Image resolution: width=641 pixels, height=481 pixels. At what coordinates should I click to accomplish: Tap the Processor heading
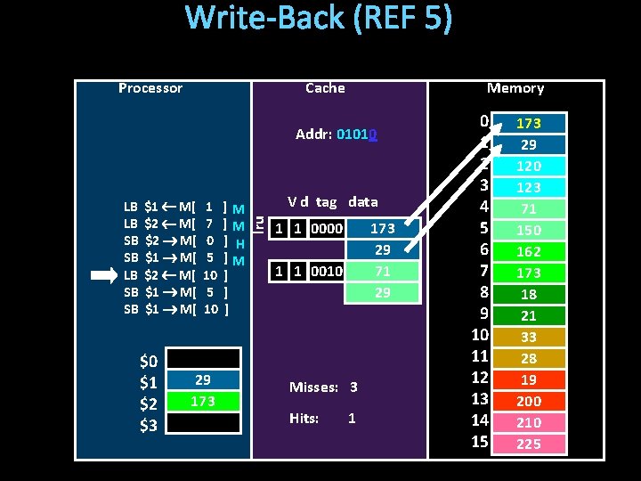click(x=150, y=88)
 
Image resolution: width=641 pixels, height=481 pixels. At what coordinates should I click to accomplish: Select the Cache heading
click(x=325, y=88)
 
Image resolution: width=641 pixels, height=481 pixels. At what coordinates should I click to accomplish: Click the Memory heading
click(x=515, y=88)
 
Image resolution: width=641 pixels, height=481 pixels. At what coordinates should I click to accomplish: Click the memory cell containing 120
click(x=529, y=166)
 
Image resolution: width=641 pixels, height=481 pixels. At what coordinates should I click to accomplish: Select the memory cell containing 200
click(x=529, y=401)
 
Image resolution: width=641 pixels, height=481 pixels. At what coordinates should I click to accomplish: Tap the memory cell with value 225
click(x=529, y=444)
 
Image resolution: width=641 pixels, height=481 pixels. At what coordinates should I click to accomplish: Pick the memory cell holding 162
click(x=529, y=251)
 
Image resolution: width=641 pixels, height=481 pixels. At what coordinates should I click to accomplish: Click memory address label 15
click(x=480, y=442)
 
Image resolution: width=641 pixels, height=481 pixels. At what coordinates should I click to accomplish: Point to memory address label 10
click(x=480, y=335)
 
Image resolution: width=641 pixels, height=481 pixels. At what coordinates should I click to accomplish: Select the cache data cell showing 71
click(x=382, y=271)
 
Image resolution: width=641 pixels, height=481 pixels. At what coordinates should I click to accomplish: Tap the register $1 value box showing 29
click(x=203, y=380)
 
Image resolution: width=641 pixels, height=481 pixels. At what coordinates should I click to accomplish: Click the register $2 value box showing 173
click(x=203, y=402)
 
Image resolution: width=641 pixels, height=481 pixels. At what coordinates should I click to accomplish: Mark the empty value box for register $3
click(x=203, y=423)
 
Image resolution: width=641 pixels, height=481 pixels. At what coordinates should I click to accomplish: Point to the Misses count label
click(x=322, y=387)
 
